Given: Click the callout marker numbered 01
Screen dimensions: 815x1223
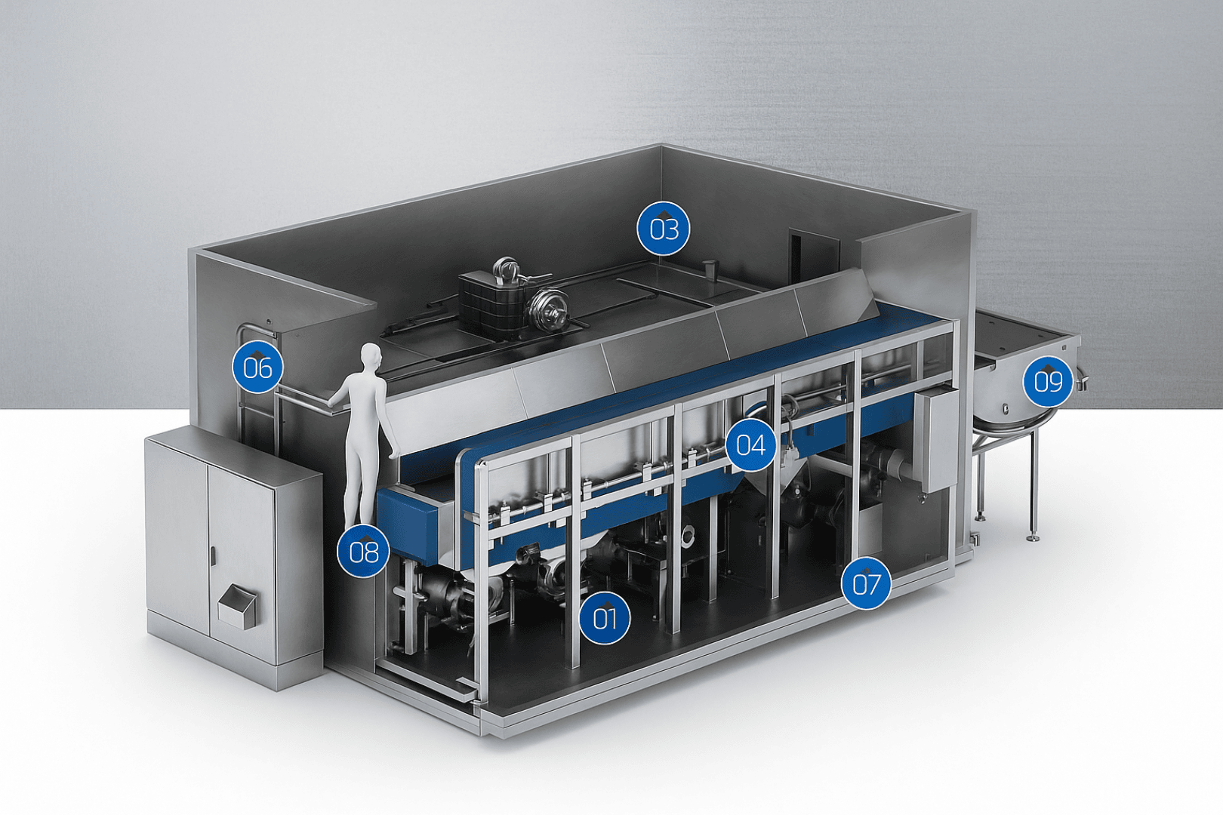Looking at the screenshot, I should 605,618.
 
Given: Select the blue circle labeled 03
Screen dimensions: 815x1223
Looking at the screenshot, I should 663,228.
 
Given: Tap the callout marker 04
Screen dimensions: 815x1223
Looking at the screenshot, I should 750,444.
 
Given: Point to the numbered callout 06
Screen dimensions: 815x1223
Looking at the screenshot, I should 257,368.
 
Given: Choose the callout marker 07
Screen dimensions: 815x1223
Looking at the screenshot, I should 866,583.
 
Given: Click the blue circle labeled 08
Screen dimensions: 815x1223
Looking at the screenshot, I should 363,552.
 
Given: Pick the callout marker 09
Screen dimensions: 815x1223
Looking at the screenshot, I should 1048,381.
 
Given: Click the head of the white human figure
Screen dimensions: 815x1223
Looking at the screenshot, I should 370,356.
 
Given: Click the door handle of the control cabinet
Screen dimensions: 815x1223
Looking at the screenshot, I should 212,557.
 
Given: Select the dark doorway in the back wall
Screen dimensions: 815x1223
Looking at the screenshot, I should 813,257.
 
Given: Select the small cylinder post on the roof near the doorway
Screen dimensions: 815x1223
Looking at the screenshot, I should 710,269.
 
